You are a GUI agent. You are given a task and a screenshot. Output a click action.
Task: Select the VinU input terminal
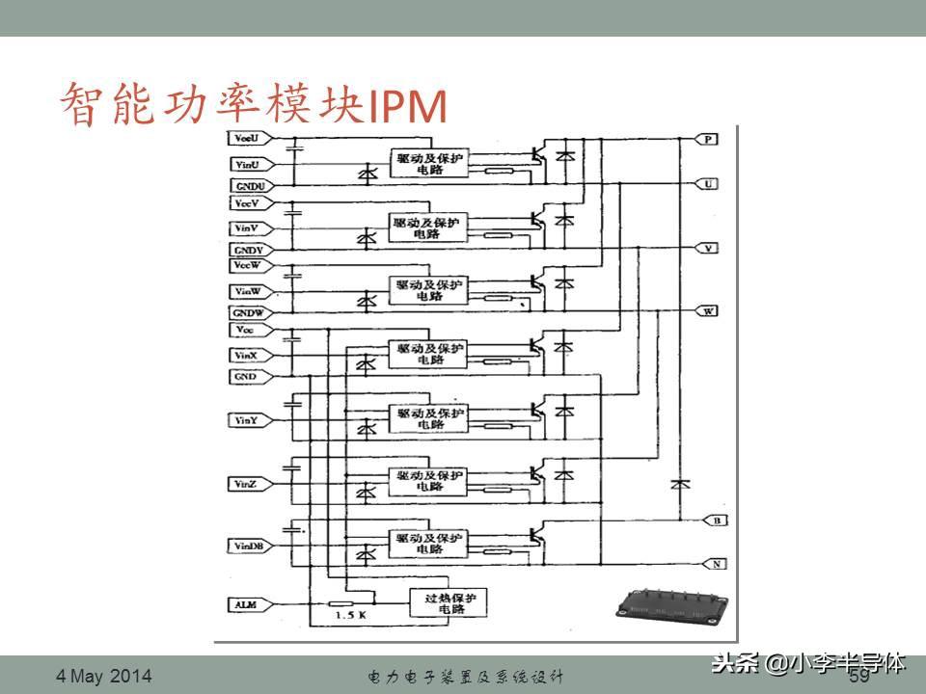(x=247, y=165)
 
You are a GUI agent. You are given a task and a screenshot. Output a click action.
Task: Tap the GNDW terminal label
(x=247, y=313)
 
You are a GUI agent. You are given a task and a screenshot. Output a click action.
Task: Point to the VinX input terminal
(x=247, y=356)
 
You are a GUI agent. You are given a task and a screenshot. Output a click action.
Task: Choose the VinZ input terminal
(x=247, y=482)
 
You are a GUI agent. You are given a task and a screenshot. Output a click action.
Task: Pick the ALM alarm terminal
(x=247, y=604)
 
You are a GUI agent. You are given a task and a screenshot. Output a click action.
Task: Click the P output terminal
(x=709, y=141)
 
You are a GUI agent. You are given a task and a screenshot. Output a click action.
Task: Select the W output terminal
(x=709, y=311)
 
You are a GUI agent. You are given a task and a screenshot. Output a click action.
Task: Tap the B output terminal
(x=717, y=520)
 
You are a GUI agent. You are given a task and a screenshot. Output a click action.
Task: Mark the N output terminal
(x=717, y=562)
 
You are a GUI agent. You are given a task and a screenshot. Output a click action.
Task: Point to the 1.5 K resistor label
(x=349, y=615)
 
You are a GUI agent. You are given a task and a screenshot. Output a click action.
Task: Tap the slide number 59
(x=858, y=677)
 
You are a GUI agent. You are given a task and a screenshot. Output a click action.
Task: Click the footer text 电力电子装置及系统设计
(x=466, y=677)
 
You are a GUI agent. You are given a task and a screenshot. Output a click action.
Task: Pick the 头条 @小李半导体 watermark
(x=808, y=663)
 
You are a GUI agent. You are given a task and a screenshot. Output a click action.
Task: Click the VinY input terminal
(x=247, y=419)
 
